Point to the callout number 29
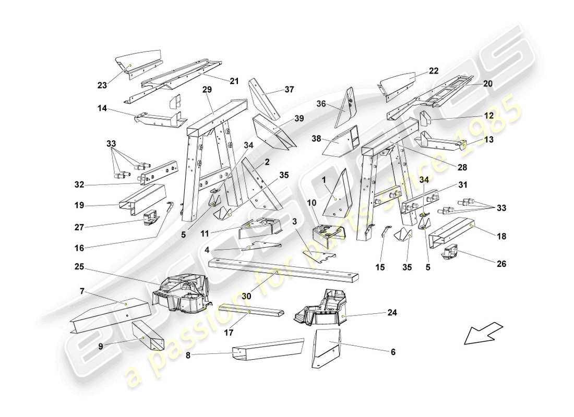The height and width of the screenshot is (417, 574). pos(207,90)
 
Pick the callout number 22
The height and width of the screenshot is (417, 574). pos(433,70)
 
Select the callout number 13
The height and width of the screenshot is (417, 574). pos(489,140)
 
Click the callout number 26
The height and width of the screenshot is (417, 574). pos(501,264)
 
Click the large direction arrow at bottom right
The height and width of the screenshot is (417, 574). pos(483,334)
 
